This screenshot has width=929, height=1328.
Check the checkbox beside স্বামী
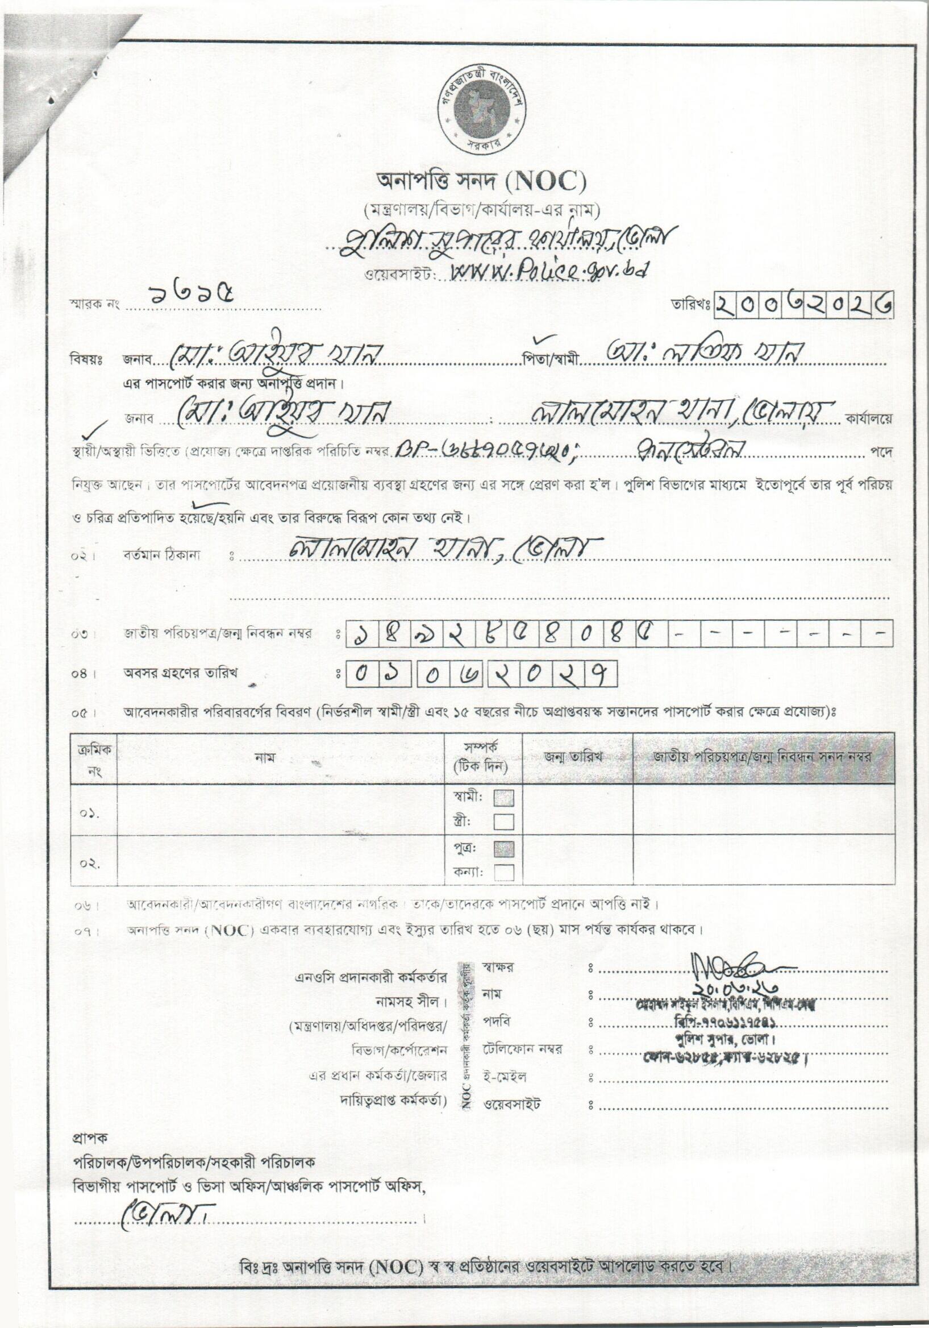503,799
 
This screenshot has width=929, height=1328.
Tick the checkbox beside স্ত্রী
503,821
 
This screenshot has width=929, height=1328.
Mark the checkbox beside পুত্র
503,849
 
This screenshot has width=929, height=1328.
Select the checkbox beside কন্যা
503,872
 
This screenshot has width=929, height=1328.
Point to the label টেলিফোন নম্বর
523,1049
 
